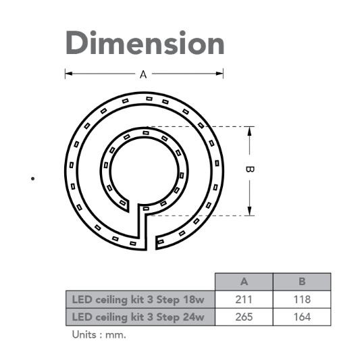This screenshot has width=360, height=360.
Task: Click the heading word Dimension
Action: [145, 43]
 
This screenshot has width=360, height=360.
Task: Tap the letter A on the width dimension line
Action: [143, 74]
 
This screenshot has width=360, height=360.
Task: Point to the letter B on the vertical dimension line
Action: [250, 170]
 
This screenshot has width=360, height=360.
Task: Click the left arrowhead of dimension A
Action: [69, 74]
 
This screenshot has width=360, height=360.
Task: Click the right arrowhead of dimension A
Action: [220, 74]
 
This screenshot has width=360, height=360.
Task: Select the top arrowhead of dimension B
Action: [250, 130]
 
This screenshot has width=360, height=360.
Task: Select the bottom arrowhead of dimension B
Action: [250, 211]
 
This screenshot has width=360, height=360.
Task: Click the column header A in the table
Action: [244, 282]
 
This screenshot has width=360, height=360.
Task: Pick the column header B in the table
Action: [302, 282]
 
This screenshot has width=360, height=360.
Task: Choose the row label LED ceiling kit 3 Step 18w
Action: [138, 300]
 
